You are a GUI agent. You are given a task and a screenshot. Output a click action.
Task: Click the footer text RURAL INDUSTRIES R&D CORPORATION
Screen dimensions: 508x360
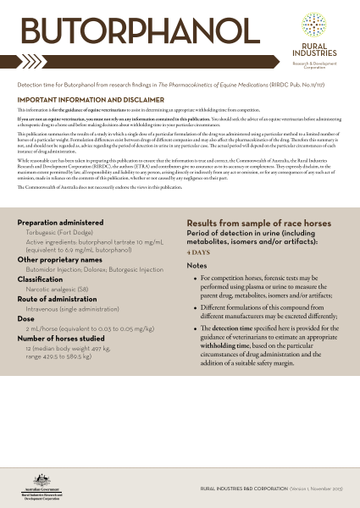click(x=240, y=489)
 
